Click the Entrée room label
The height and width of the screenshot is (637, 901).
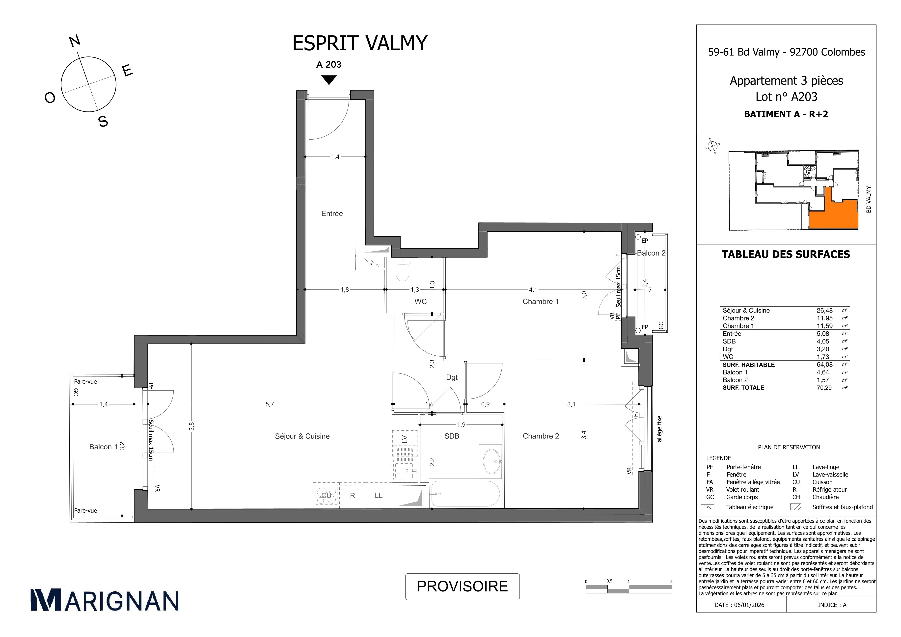click(332, 214)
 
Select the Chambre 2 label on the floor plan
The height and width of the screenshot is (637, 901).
click(541, 436)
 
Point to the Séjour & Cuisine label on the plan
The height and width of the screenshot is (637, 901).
click(302, 436)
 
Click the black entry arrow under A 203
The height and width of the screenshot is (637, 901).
click(329, 80)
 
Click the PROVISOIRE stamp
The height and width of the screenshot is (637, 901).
click(462, 586)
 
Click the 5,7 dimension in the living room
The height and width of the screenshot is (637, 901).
click(270, 404)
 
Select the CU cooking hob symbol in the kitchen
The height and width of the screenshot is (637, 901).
click(326, 495)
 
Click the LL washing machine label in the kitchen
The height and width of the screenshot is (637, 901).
click(378, 496)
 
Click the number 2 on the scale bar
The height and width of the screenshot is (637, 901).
click(671, 582)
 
